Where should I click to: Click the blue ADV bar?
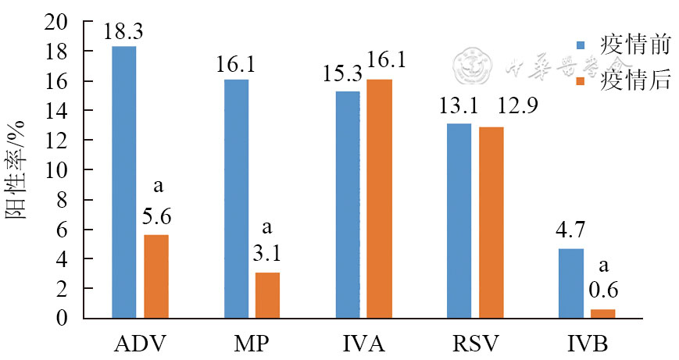point(124,182)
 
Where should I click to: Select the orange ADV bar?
point(156,276)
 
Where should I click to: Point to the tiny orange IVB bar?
point(603,314)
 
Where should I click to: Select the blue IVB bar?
point(571,283)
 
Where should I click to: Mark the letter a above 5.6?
point(156,188)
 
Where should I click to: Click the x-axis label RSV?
point(475,343)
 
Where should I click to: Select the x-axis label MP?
point(252,343)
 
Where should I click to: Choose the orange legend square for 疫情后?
point(581,80)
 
